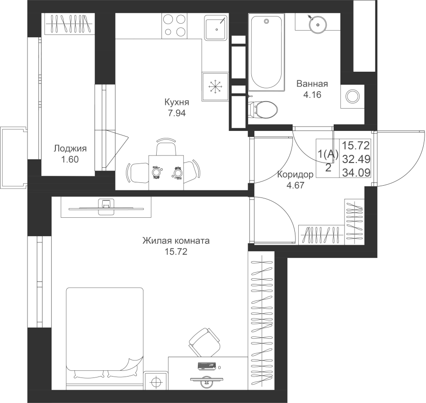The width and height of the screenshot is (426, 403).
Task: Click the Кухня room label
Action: (177, 102)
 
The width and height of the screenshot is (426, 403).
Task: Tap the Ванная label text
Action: (312, 84)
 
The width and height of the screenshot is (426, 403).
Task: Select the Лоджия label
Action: (70, 148)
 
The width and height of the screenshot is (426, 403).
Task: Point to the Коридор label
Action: (295, 174)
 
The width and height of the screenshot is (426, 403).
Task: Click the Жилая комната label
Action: (176, 240)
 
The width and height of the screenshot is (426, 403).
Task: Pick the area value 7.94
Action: (177, 113)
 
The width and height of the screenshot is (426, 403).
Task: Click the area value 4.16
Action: (312, 94)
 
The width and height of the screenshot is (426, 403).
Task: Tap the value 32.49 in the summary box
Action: (356, 159)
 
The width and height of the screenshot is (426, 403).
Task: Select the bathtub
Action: (266, 52)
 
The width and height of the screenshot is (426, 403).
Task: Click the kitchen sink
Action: (215, 27)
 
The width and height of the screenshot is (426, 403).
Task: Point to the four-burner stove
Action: (175, 26)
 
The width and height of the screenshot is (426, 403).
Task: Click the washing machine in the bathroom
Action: (352, 96)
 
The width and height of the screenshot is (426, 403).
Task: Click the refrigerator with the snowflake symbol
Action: (215, 87)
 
